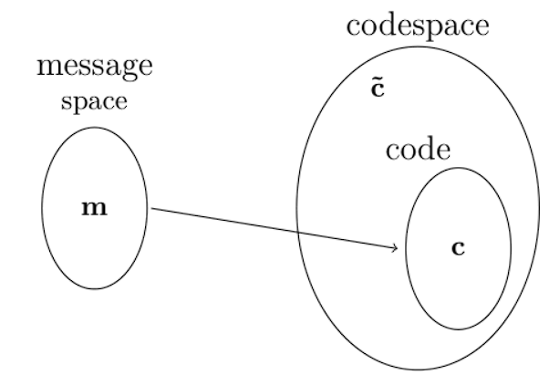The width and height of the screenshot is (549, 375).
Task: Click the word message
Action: click(x=94, y=68)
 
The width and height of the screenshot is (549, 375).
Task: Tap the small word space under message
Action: click(x=94, y=101)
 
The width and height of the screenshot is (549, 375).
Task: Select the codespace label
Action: click(x=417, y=25)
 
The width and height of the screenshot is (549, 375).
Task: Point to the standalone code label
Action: click(x=418, y=150)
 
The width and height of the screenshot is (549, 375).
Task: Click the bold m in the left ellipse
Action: click(x=94, y=208)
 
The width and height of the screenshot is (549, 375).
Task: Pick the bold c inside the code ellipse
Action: click(x=459, y=247)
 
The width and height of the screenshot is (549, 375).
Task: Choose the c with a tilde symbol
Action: click(x=376, y=91)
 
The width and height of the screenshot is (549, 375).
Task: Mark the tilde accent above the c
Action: click(x=376, y=81)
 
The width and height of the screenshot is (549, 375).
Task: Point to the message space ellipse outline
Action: click(x=43, y=208)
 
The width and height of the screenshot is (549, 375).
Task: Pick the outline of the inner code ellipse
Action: click(x=510, y=247)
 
